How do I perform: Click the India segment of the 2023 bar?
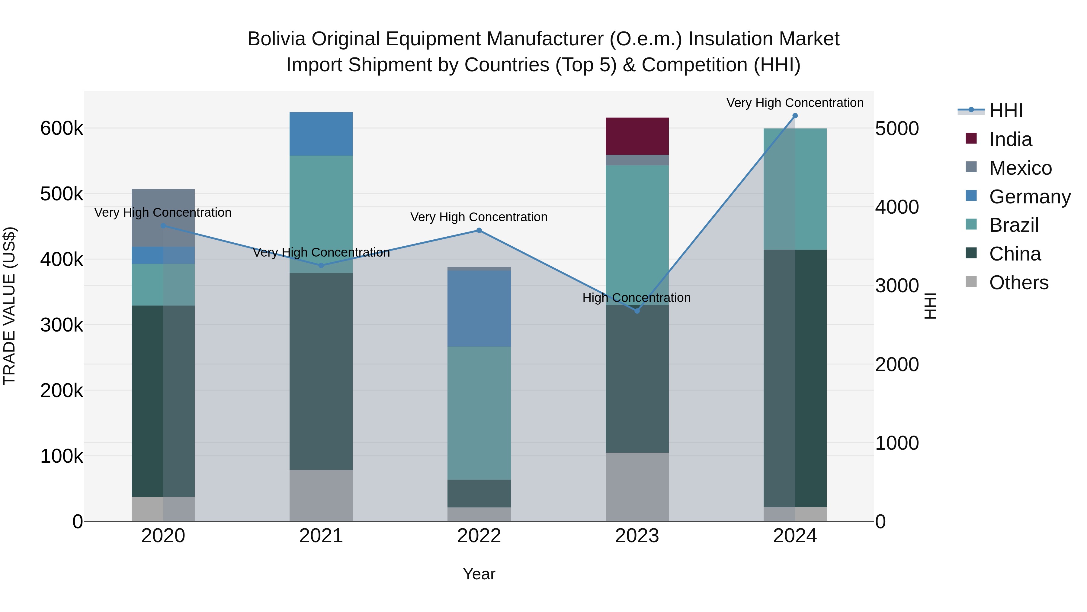tap(637, 136)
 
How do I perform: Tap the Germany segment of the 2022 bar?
tap(479, 308)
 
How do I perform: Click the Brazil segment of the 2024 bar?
tap(795, 189)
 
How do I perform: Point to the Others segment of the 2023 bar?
tap(637, 487)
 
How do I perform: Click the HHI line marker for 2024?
tap(795, 116)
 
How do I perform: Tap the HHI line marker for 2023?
tap(637, 311)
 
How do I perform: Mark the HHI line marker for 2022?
tap(479, 231)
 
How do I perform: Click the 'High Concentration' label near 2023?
tap(636, 298)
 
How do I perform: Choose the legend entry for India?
tap(1010, 139)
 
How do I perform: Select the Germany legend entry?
tap(1030, 197)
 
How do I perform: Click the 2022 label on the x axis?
tap(479, 536)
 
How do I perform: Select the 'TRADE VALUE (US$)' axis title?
tap(9, 306)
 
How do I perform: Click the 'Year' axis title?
tap(479, 574)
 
